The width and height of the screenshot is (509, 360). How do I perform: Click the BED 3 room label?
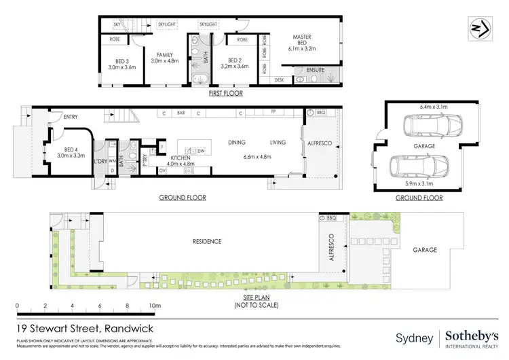pos(122,62)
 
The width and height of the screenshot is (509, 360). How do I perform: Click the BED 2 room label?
pos(235,63)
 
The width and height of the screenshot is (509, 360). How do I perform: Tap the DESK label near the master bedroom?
pos(280,79)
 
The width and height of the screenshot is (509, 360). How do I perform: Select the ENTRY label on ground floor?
pos(71,118)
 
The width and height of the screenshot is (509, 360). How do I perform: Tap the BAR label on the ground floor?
pos(181,113)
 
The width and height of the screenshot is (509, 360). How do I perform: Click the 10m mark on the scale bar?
pos(155,306)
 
